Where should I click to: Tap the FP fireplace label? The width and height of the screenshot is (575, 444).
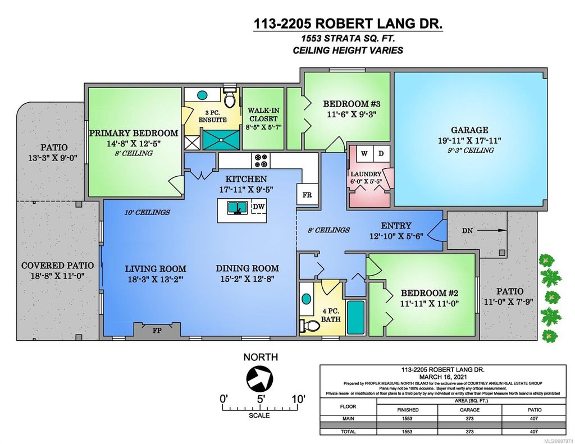coord(156,331)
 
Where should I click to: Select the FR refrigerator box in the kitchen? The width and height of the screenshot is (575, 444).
coord(307,195)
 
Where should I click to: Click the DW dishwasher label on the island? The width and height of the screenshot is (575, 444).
coord(258,207)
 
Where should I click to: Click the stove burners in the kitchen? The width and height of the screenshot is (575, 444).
coord(261,161)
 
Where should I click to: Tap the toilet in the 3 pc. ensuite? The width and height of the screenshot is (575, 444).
coord(230,98)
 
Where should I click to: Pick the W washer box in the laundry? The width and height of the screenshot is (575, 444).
coord(364,153)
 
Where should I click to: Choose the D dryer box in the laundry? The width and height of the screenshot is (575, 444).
coord(380,153)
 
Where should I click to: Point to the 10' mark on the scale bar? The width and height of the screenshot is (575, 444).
coord(298,399)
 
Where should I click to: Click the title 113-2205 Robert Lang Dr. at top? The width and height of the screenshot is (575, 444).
coord(348,25)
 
